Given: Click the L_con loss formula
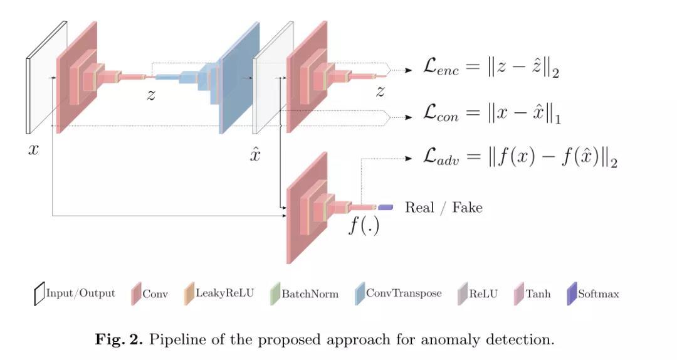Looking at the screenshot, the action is click(x=492, y=114).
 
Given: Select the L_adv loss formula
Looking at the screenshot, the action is click(x=520, y=156).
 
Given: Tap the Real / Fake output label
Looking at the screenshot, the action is click(x=443, y=208).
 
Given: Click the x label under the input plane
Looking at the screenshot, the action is click(x=33, y=149).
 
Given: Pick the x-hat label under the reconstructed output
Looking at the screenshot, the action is click(x=255, y=154).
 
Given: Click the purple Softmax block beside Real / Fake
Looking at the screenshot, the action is click(x=386, y=208).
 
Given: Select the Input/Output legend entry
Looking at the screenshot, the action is click(x=75, y=294).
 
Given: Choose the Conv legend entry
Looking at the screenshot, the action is click(x=149, y=294).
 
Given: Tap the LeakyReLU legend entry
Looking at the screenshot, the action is click(x=219, y=294).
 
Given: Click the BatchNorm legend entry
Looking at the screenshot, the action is click(x=304, y=294).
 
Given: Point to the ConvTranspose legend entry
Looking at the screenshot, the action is click(x=398, y=294).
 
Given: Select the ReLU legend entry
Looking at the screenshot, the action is click(x=478, y=294).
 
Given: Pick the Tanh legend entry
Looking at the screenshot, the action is click(x=532, y=294).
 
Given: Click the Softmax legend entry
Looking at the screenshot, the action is click(x=593, y=294).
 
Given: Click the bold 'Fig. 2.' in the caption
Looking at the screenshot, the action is click(x=118, y=339).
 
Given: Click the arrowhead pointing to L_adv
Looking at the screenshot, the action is click(x=409, y=159).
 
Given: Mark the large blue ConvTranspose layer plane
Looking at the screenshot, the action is click(x=239, y=77).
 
